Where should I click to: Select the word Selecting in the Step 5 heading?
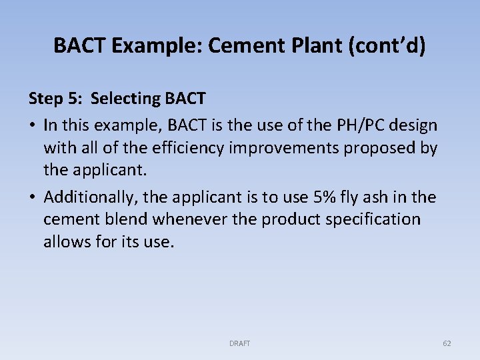tap(125, 99)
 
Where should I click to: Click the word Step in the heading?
tap(45, 99)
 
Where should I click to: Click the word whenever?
tap(186, 219)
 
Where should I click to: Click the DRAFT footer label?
tap(239, 343)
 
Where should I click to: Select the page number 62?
tap(447, 343)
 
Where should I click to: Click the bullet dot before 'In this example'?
tap(32, 125)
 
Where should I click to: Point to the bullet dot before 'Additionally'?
tap(32, 197)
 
